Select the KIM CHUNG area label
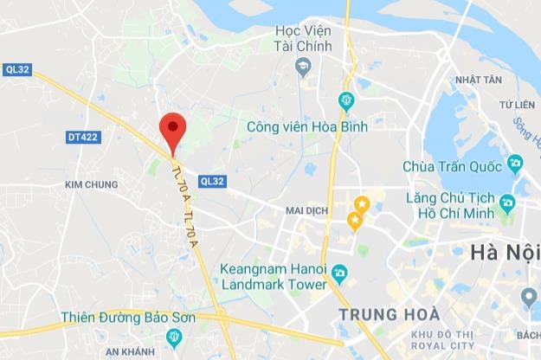(x=90, y=185)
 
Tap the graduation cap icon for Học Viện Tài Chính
(x=303, y=66)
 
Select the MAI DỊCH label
(x=308, y=210)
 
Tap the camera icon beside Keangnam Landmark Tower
(x=339, y=274)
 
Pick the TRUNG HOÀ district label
(x=389, y=313)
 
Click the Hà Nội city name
(x=504, y=253)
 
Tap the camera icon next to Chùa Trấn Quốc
(x=515, y=163)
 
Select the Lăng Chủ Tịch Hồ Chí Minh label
(x=449, y=205)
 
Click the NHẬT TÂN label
(x=478, y=80)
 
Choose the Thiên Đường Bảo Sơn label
(x=128, y=318)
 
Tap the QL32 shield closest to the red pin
(x=211, y=181)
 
